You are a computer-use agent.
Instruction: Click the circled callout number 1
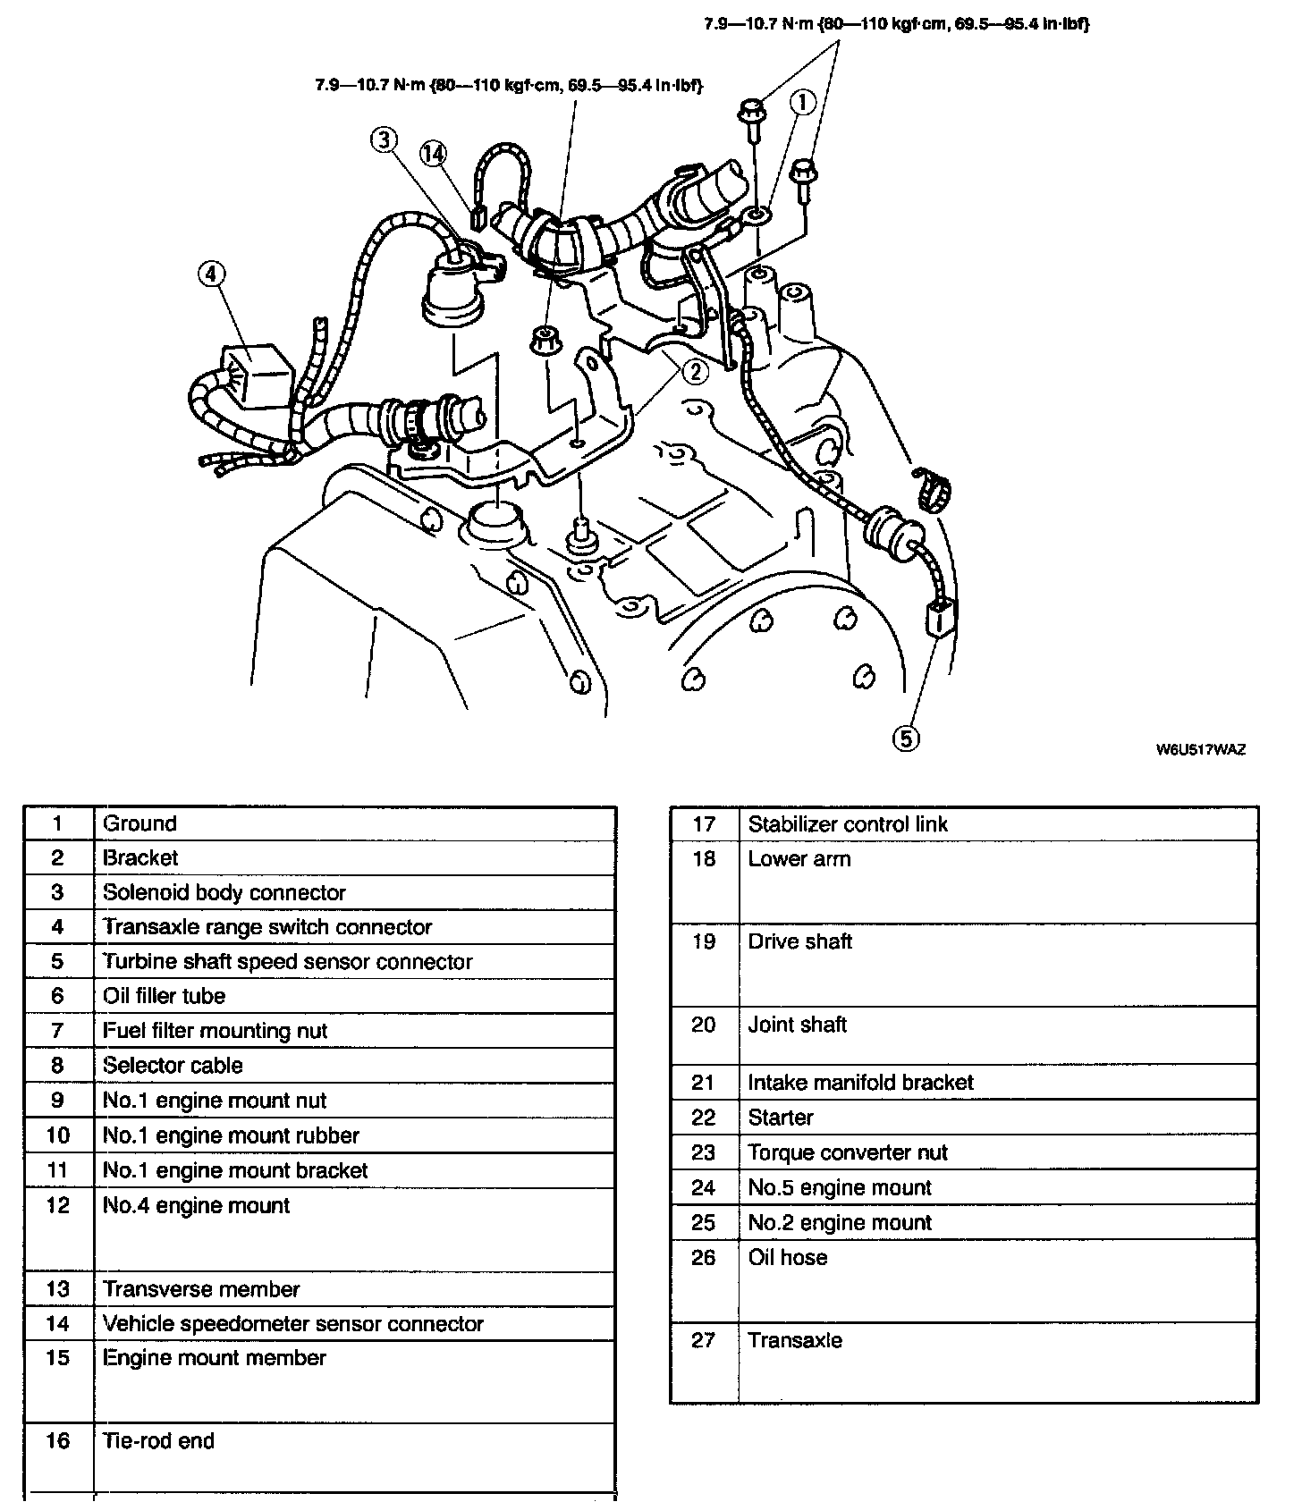pos(802,104)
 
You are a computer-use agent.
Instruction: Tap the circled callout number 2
pos(695,371)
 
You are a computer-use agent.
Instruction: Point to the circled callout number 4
pos(210,274)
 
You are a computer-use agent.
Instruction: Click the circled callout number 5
pos(905,738)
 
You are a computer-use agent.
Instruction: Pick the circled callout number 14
pos(433,154)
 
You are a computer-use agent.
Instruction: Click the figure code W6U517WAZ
pos(1200,749)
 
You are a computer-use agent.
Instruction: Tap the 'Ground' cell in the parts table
pos(139,823)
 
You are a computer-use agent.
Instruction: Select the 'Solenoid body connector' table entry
pos(224,892)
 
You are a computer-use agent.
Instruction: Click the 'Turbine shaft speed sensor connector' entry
pos(287,961)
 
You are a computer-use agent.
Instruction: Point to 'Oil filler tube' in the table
pos(164,996)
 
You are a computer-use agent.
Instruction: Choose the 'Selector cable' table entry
pos(173,1065)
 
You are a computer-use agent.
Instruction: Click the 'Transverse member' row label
pos(201,1289)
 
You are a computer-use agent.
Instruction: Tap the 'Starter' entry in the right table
pos(781,1118)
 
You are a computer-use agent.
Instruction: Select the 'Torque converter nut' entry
pos(847,1152)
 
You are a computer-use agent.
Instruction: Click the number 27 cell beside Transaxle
pos(704,1340)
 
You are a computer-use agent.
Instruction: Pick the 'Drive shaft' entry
pos(799,941)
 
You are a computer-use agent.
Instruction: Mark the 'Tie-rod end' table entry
pos(158,1440)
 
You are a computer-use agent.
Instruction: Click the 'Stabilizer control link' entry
pos(847,824)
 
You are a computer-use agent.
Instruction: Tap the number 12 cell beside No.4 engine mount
pos(58,1206)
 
